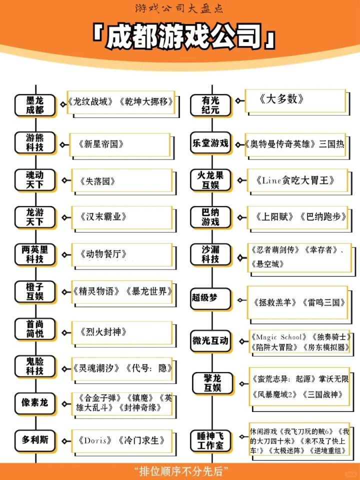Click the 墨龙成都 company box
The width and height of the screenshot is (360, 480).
(35, 105)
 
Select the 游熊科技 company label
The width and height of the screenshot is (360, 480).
(35, 142)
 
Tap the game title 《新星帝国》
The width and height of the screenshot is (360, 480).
(101, 144)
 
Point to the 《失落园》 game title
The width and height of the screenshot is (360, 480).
(97, 181)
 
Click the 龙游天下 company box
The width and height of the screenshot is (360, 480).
(35, 217)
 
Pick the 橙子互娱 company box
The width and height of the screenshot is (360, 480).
(35, 292)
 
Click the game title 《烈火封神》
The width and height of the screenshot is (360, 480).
(103, 332)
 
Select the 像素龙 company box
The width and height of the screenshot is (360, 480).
(35, 403)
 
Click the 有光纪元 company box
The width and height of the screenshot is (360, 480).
(210, 105)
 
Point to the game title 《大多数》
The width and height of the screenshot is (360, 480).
(281, 99)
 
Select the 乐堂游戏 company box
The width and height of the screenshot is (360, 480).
(210, 143)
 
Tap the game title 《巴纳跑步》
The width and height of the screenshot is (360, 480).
(323, 217)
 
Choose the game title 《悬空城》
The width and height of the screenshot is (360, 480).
(267, 264)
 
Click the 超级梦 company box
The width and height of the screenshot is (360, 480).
(210, 299)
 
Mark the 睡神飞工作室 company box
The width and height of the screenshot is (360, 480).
(210, 441)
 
